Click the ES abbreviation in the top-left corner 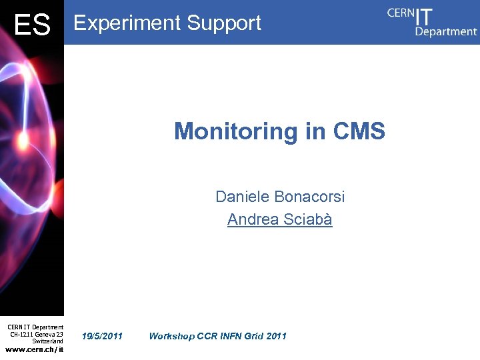[x=32, y=25]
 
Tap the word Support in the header [x=224, y=23]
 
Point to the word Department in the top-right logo [x=446, y=31]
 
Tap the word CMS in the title [x=359, y=131]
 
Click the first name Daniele [x=242, y=197]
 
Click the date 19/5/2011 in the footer [x=102, y=336]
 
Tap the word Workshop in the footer [x=172, y=336]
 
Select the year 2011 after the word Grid [x=275, y=336]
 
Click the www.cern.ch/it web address [x=35, y=349]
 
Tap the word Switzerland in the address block [x=47, y=341]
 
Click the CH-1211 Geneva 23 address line [x=37, y=334]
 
